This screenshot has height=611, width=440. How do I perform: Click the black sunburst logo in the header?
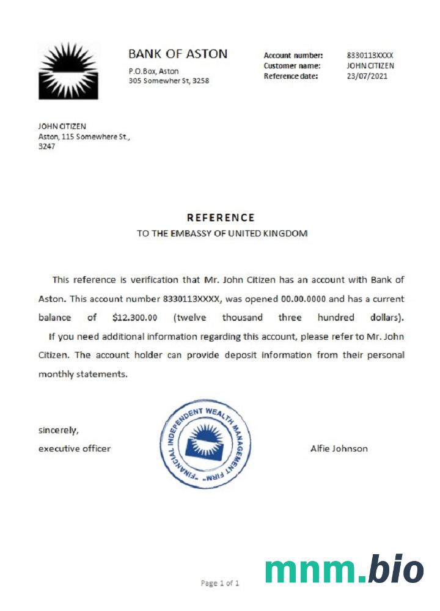click(x=68, y=70)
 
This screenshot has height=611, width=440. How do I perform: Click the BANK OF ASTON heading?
click(x=178, y=54)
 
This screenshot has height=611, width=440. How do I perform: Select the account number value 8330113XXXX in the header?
click(x=370, y=55)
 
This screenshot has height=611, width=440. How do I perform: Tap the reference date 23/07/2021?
click(x=367, y=76)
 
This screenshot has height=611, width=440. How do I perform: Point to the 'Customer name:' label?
click(x=293, y=65)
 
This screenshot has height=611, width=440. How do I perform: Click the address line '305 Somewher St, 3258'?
click(x=169, y=81)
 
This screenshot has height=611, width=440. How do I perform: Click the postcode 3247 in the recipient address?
click(x=47, y=147)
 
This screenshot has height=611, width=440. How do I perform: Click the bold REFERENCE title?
click(x=221, y=218)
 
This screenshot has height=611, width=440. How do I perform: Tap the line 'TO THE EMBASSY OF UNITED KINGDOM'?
click(x=222, y=233)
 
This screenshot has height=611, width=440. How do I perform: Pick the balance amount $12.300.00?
click(x=135, y=318)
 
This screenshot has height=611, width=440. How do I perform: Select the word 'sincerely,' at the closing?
click(x=59, y=430)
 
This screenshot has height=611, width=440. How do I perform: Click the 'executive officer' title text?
click(x=75, y=448)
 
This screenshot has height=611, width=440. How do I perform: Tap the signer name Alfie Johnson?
click(x=339, y=448)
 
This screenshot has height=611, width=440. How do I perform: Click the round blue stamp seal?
click(x=205, y=443)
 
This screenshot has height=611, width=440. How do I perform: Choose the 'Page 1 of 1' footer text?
click(x=220, y=584)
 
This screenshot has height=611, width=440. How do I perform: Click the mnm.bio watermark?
click(x=344, y=570)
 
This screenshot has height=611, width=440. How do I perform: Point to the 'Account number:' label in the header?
click(x=293, y=55)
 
